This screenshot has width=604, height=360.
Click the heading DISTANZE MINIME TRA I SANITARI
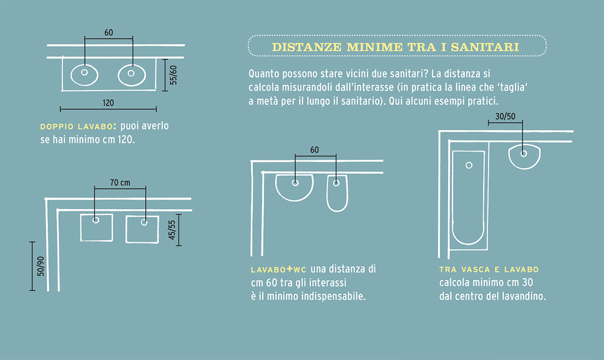(396, 47)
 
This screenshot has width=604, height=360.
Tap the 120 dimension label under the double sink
(108, 103)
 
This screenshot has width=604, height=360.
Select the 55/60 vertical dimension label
(173, 75)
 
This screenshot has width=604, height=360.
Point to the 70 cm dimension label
(120, 183)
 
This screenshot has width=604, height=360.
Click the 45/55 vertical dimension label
(172, 230)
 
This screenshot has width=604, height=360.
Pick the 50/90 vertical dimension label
(40, 266)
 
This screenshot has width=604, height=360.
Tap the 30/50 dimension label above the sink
(505, 116)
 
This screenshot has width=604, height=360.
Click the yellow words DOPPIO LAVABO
(77, 127)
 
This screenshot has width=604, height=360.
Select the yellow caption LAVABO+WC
(279, 269)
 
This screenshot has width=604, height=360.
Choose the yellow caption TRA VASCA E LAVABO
(489, 269)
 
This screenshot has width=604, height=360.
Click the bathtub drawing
(468, 197)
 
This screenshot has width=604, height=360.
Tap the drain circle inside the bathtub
(469, 165)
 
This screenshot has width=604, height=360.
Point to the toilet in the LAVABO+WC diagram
(337, 193)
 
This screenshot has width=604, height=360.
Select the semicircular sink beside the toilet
(294, 188)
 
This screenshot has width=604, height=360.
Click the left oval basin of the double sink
(84, 75)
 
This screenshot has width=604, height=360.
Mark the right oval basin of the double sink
(132, 75)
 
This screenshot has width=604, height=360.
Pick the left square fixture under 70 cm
(96, 228)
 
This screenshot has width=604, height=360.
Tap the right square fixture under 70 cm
(142, 229)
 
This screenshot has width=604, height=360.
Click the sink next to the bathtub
(525, 157)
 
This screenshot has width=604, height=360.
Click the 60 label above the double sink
(109, 33)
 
